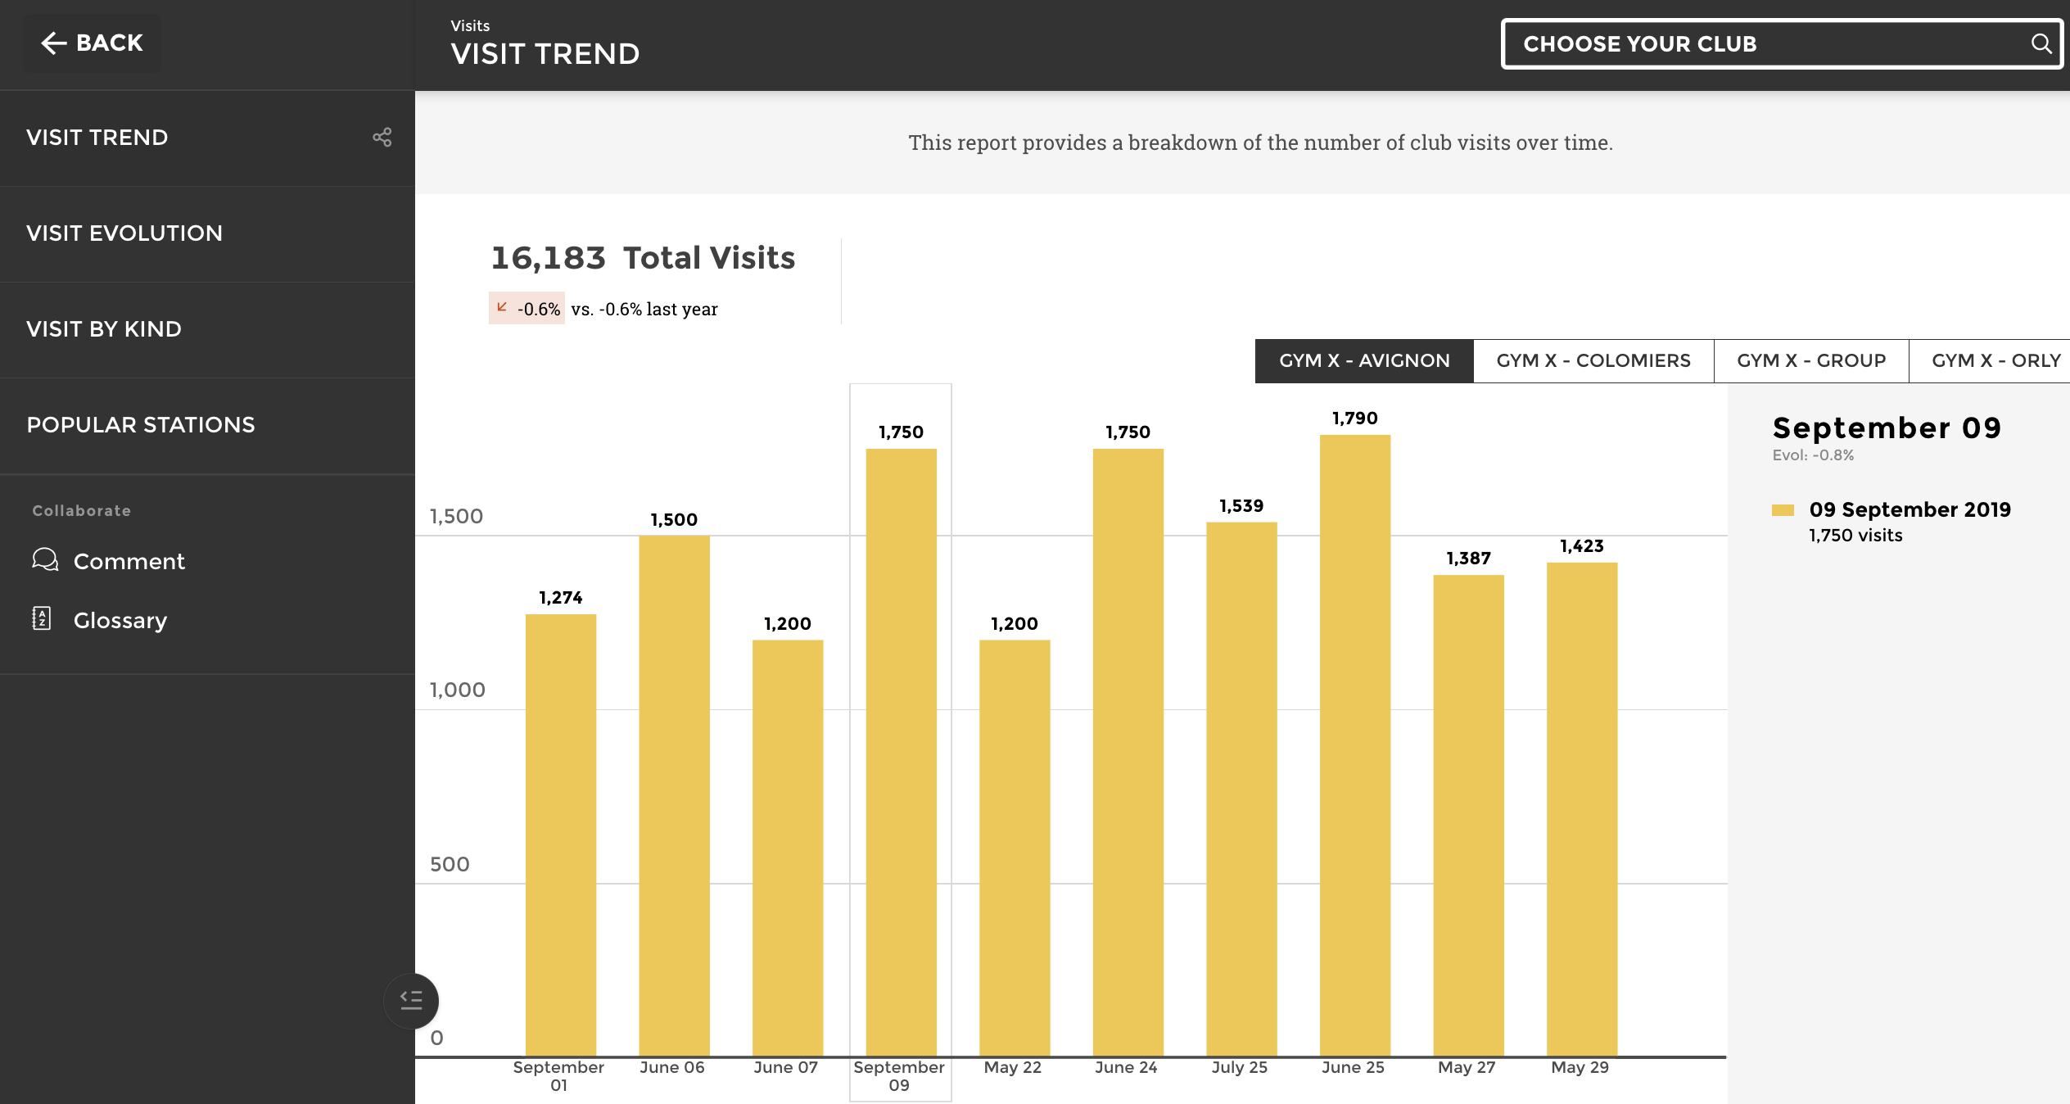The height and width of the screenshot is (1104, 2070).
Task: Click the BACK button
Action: pos(92,43)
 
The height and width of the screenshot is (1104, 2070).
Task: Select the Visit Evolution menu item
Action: pos(124,233)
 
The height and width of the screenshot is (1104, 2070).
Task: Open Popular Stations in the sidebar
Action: pos(141,425)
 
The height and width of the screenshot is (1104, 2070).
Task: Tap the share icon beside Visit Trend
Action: pos(382,138)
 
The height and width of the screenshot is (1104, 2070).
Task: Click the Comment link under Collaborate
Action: pos(129,562)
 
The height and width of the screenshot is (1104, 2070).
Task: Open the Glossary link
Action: pos(120,621)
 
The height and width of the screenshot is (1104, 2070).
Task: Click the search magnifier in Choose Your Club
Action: pos(2041,43)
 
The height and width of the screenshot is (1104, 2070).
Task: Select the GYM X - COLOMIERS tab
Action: pos(1593,361)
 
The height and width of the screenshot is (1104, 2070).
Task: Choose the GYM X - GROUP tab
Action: pos(1810,361)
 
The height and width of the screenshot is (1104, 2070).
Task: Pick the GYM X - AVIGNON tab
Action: pos(1364,361)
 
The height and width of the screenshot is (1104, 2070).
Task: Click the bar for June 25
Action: pos(1354,745)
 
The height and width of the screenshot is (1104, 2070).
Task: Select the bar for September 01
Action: pos(560,835)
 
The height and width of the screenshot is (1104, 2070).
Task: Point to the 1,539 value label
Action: pos(1241,506)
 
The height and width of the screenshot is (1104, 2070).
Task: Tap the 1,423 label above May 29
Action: pos(1581,546)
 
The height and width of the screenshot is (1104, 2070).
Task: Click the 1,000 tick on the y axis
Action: pos(457,690)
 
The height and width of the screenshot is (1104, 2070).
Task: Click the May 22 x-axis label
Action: pos(1013,1068)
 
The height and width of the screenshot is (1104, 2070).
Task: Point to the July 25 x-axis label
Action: pos(1239,1068)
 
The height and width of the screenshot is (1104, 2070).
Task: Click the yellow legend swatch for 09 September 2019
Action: pos(1783,510)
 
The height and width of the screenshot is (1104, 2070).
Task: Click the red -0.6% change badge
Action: pos(527,309)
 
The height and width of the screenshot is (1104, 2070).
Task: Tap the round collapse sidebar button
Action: pos(411,1001)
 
